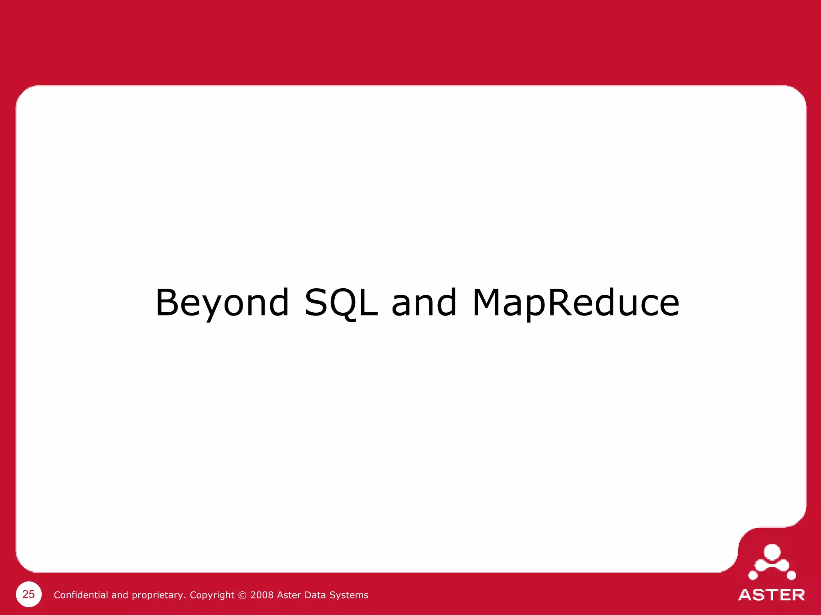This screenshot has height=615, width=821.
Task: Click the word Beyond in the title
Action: click(x=222, y=303)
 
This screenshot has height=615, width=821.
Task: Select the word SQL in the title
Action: click(x=341, y=303)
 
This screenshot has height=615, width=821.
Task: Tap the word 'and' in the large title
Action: click(x=424, y=303)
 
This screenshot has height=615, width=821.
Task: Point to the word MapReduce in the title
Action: click(x=576, y=303)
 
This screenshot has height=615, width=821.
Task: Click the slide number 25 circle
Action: click(x=28, y=594)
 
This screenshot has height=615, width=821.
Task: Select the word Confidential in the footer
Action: click(x=81, y=595)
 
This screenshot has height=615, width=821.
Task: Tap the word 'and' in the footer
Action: click(x=119, y=595)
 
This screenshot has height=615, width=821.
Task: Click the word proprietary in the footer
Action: click(x=158, y=595)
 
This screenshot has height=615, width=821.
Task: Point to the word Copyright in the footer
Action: click(x=212, y=595)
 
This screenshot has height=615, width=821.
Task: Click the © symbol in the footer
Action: click(x=242, y=595)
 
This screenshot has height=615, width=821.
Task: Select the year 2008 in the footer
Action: click(x=262, y=595)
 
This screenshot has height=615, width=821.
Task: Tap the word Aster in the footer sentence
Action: click(x=289, y=595)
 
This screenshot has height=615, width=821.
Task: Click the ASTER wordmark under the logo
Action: click(x=771, y=595)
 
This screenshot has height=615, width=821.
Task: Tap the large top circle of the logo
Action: click(x=772, y=553)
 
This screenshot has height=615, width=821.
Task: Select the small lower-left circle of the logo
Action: click(x=753, y=576)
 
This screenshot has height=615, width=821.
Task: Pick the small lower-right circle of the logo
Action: click(x=791, y=576)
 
